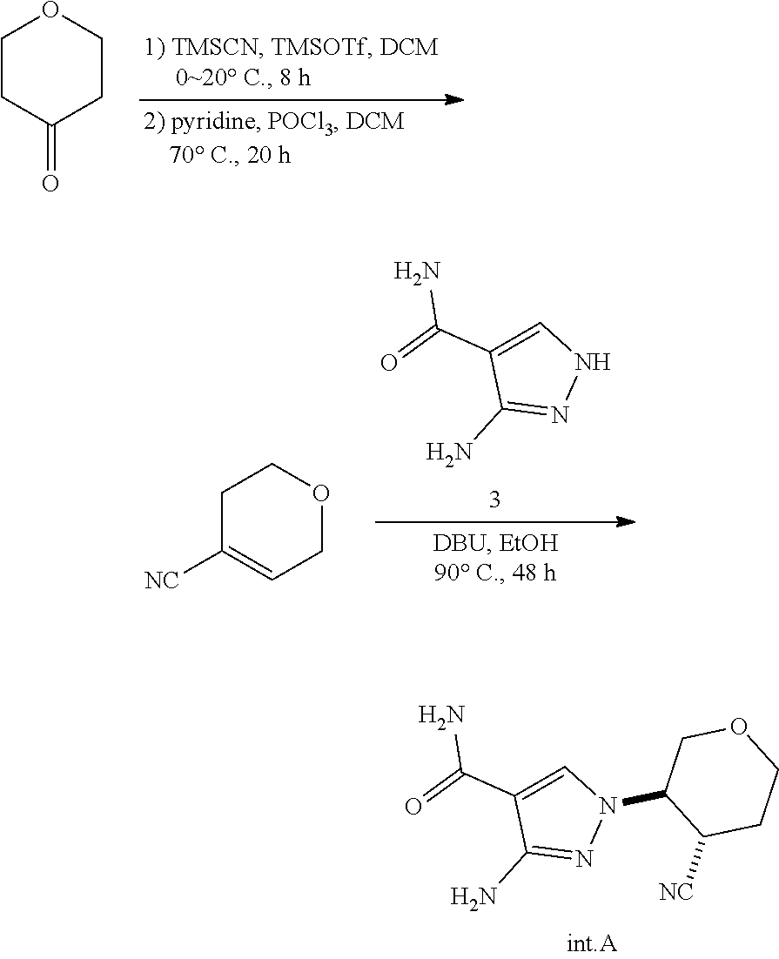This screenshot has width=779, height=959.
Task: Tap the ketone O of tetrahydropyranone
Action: tap(50, 184)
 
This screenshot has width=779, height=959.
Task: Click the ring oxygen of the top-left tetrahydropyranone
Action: tap(50, 11)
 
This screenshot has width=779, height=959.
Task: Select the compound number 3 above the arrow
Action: tap(494, 502)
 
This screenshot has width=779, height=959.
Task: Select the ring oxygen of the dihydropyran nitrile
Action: tap(320, 495)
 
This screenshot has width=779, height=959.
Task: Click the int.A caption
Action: tap(591, 942)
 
